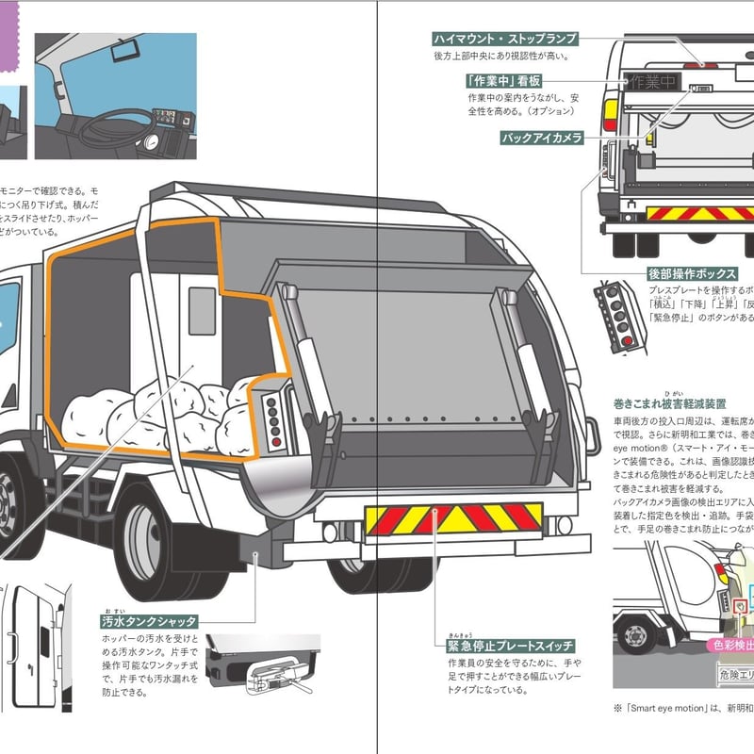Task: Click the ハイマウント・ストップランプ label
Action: (x=505, y=39)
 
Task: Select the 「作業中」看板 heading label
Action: (x=503, y=80)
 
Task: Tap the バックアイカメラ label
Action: (x=542, y=138)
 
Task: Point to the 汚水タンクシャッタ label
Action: (x=149, y=621)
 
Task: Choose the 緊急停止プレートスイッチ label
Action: (x=510, y=646)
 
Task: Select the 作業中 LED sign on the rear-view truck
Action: (x=653, y=81)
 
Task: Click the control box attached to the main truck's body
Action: (x=273, y=414)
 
